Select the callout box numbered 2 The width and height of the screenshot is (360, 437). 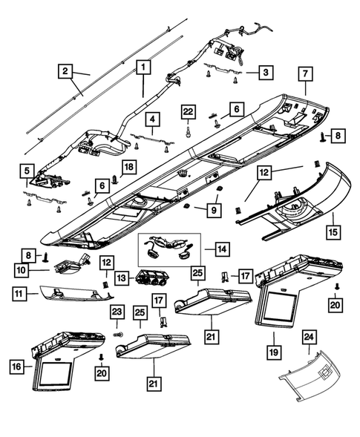(66, 70)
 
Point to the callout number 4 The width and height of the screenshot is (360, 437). (151, 119)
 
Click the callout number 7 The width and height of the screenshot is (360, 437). (304, 73)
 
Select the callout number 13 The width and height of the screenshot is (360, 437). (118, 277)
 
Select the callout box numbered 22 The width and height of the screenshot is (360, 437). (189, 111)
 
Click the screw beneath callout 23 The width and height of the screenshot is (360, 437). (117, 335)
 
